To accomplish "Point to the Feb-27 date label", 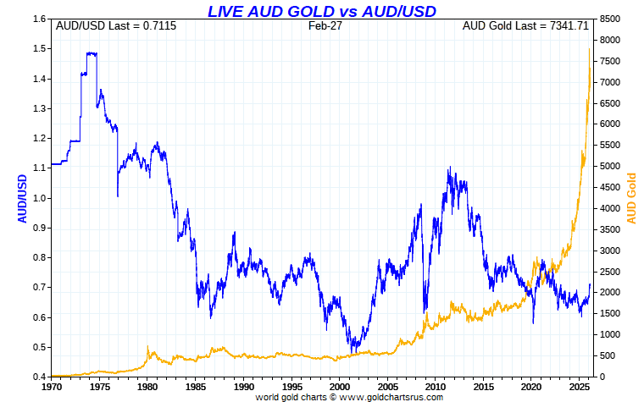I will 323,26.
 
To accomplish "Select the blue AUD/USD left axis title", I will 23,199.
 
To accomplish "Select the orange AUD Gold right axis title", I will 630,199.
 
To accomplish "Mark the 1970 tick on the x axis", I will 52,385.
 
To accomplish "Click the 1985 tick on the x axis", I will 197,385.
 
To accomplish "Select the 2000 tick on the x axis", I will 341,385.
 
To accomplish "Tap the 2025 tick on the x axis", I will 581,385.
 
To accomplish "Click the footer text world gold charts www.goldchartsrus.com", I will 323,396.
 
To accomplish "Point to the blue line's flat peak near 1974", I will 91,53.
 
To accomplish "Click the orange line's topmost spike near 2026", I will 589,49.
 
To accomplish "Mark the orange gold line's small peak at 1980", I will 148,346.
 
